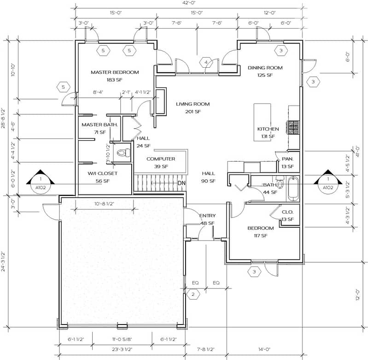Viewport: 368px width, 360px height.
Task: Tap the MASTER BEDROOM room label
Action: pos(115,72)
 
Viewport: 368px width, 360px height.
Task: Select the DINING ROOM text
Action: pos(265,68)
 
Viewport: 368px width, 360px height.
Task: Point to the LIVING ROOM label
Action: pos(193,104)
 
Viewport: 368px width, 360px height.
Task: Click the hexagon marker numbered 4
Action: pos(206,62)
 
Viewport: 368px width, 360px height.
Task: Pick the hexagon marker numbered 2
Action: pos(193,294)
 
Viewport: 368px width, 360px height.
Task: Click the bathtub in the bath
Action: pos(293,189)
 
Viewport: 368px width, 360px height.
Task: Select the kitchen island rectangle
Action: pos(263,122)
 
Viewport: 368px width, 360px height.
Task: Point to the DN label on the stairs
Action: pos(182,183)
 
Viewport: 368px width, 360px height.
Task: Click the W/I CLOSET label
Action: pos(103,173)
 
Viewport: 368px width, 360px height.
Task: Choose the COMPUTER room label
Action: pos(161,159)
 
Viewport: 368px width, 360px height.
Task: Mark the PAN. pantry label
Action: pos(287,159)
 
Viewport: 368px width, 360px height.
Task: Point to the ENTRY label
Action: pos(207,216)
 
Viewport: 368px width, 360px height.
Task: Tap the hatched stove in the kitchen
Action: pos(293,127)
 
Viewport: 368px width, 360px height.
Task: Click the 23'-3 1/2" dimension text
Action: pos(122,349)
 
